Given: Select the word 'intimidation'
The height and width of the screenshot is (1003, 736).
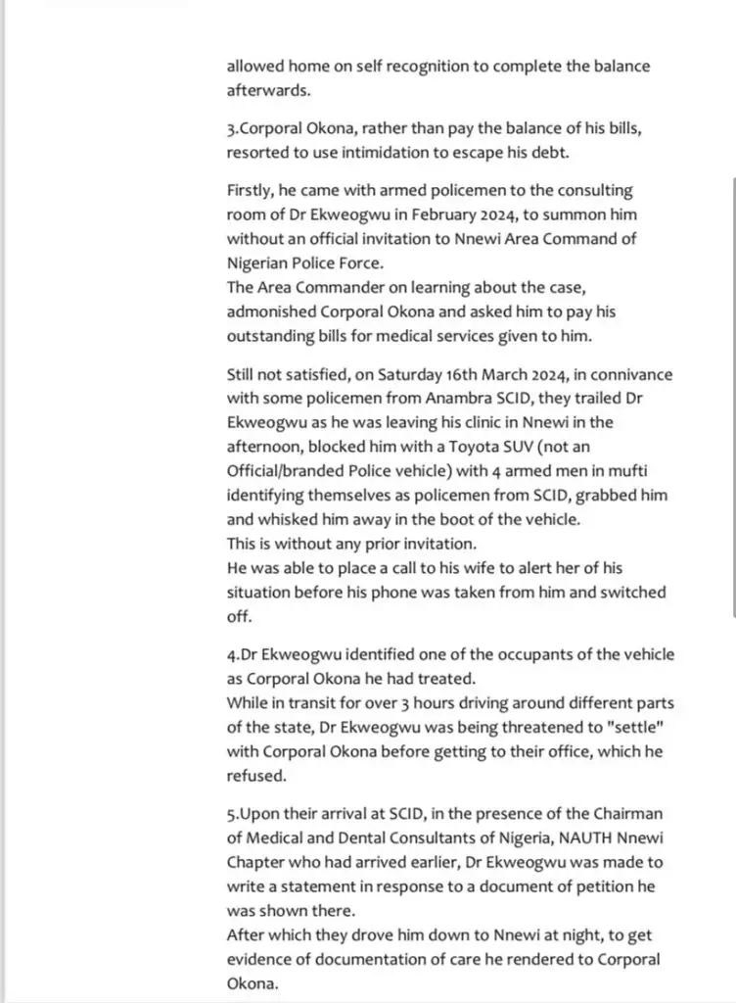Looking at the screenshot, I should point(389,152).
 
